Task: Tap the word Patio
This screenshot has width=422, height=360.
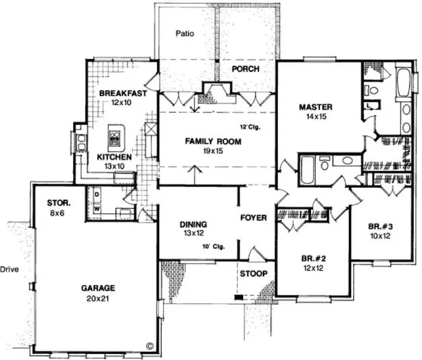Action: (185, 34)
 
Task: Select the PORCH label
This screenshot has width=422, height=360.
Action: (245, 69)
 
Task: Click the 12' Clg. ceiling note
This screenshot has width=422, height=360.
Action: (250, 128)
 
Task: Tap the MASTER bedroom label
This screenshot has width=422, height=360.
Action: (315, 107)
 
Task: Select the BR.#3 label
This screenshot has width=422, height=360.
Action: (379, 227)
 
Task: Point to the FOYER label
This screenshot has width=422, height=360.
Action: (254, 218)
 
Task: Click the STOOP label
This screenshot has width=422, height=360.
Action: (254, 273)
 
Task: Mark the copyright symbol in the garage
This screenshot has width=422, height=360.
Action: (150, 345)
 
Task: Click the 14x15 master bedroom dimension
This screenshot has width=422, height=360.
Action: (315, 116)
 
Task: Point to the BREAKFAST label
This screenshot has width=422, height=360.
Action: (123, 93)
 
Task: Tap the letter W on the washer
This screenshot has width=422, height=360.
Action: (98, 208)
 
